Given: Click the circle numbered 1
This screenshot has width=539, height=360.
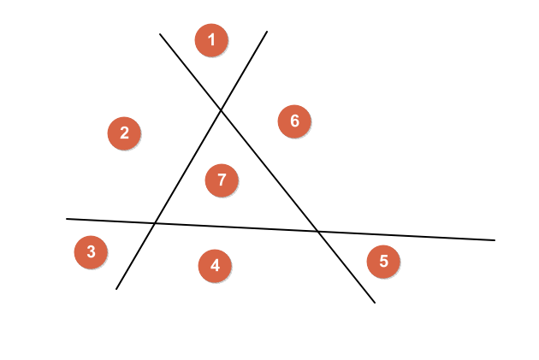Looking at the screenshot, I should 211,40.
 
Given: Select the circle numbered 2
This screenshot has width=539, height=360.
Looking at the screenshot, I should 124,133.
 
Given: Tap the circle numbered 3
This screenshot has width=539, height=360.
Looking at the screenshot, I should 91,252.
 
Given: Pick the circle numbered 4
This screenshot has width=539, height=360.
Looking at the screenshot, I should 215,265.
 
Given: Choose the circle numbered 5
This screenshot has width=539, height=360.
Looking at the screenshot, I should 383,261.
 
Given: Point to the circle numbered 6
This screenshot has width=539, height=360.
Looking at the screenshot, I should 294,121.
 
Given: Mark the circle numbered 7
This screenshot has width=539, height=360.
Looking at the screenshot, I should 222,180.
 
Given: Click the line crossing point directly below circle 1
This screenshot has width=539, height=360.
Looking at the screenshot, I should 221,109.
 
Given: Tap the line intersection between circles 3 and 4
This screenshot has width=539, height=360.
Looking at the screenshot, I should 155,223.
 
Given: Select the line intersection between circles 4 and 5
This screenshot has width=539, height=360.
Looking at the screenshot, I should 317,232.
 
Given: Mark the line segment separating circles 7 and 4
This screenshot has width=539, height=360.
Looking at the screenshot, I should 235,227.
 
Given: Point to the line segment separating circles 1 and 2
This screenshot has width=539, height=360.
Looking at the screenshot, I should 190,71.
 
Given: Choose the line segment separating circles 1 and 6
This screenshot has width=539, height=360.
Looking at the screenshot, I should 245,69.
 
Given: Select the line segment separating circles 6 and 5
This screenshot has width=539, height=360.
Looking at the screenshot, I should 402,236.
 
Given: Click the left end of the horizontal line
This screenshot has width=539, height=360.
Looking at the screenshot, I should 67,219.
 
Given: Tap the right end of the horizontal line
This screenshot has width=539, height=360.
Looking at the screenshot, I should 495,240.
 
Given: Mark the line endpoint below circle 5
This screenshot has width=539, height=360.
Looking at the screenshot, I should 375,303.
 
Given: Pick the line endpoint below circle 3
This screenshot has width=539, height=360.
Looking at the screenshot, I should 116,289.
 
